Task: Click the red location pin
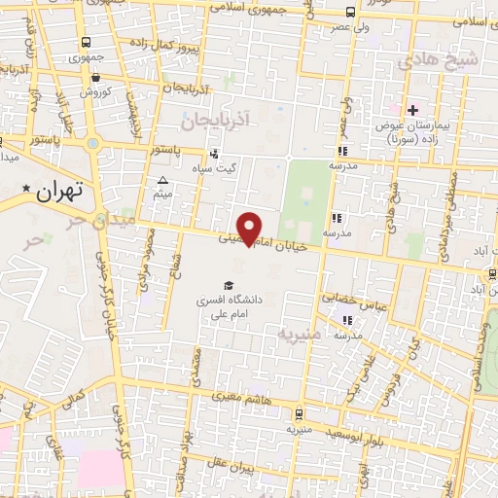(250, 228)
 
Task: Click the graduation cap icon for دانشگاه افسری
(228, 285)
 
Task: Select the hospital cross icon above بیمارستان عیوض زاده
(413, 111)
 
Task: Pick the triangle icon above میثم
(162, 181)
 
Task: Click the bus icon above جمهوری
(88, 42)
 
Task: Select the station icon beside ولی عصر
(350, 14)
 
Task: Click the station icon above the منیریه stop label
(298, 412)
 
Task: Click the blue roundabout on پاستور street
(92, 144)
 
